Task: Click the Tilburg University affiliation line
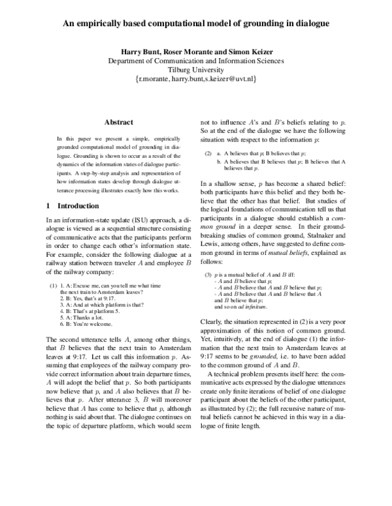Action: [195, 70]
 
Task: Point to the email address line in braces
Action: [195, 79]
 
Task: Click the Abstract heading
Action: [118, 122]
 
